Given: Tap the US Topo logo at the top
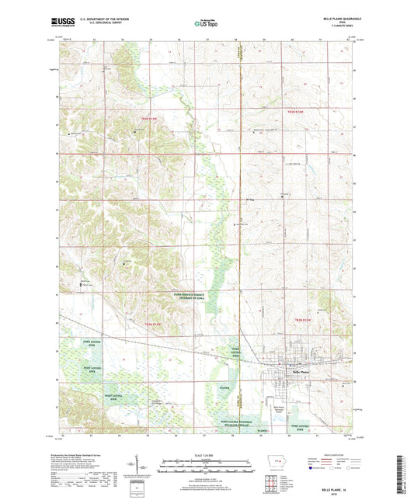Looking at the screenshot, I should pos(206,23).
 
